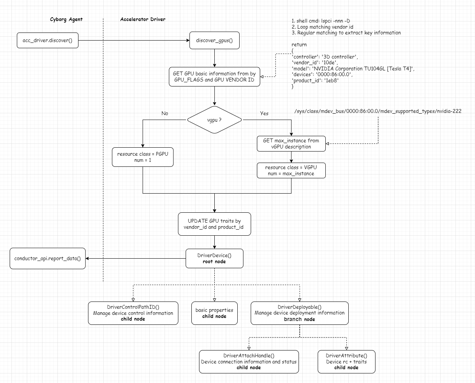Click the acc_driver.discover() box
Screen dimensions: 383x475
coord(47,41)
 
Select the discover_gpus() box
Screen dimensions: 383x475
coord(214,41)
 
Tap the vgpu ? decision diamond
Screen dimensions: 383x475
coord(214,120)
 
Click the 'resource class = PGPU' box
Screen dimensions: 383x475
coord(142,157)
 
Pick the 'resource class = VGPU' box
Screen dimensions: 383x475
coord(291,171)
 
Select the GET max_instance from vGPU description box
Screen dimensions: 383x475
coord(291,143)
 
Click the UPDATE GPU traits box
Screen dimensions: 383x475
coord(214,224)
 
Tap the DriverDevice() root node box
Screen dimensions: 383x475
coord(214,259)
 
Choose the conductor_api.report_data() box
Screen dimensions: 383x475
coord(47,259)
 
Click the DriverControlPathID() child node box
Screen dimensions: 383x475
coord(133,313)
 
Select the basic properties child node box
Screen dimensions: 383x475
coord(214,313)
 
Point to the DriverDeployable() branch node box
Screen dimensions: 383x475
coord(299,313)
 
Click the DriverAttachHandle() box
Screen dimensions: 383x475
coord(249,362)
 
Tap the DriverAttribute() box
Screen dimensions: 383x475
coord(346,362)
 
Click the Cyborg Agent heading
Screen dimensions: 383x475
coord(66,19)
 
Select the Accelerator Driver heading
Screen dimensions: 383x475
coord(143,19)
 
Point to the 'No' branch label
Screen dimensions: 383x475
coord(165,113)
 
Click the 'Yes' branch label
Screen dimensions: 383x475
coord(264,113)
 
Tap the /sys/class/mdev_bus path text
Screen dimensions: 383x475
coord(378,111)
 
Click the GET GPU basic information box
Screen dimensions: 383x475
coord(214,77)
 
